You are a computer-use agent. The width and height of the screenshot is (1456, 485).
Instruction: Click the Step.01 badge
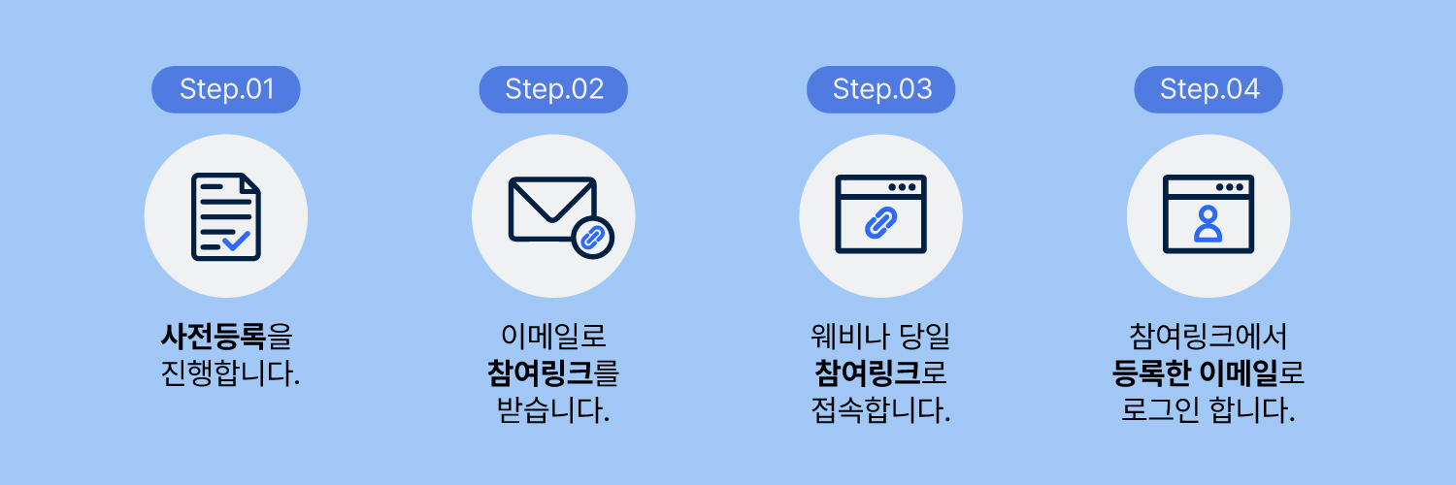point(226,90)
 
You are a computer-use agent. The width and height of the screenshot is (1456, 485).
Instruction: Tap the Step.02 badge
point(554,90)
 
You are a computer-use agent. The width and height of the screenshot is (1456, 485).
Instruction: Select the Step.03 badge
point(881,90)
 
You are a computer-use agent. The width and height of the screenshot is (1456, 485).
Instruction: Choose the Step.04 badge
point(1209,90)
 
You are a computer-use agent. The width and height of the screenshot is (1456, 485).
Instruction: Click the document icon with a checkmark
point(225,215)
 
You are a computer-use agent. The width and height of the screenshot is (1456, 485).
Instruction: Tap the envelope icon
point(551,209)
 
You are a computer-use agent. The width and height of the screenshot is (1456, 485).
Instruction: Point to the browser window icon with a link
point(880,214)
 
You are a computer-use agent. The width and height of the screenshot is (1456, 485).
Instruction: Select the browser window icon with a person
point(1208,214)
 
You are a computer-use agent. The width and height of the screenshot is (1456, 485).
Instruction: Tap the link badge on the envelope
point(593,236)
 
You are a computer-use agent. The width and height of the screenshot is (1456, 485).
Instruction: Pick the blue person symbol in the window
point(1208,224)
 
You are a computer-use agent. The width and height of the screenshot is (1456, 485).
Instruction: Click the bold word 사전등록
point(214,338)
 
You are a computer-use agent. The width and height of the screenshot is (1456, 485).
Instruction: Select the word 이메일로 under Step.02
point(553,338)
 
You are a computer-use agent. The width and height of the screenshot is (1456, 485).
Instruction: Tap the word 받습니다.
point(553,410)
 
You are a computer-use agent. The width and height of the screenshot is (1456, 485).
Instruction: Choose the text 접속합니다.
point(880,410)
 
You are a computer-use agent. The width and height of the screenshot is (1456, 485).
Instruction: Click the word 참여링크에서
point(1208,338)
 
